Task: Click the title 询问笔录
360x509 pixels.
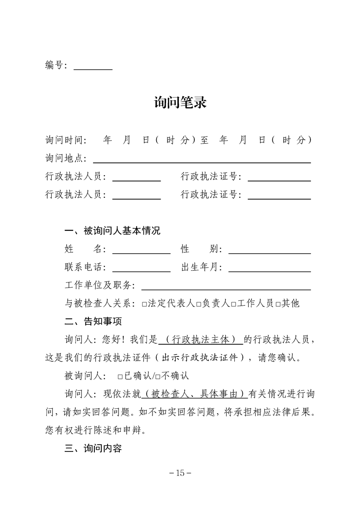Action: point(180,103)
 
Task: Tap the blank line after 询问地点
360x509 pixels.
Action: point(202,159)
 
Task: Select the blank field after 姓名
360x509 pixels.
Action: point(141,250)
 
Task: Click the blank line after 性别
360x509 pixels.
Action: point(270,250)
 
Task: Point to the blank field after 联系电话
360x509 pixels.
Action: point(141,268)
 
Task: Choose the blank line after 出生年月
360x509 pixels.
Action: point(270,268)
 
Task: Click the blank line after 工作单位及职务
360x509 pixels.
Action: point(226,286)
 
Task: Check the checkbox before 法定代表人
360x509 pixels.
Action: point(144,304)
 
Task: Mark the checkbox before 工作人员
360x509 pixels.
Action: point(233,304)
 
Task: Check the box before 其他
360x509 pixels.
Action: point(277,304)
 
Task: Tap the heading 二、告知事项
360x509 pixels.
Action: point(93,322)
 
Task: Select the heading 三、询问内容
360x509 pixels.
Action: point(93,449)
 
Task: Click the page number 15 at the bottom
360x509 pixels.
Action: point(180,473)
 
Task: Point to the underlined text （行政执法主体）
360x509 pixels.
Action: point(201,340)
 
